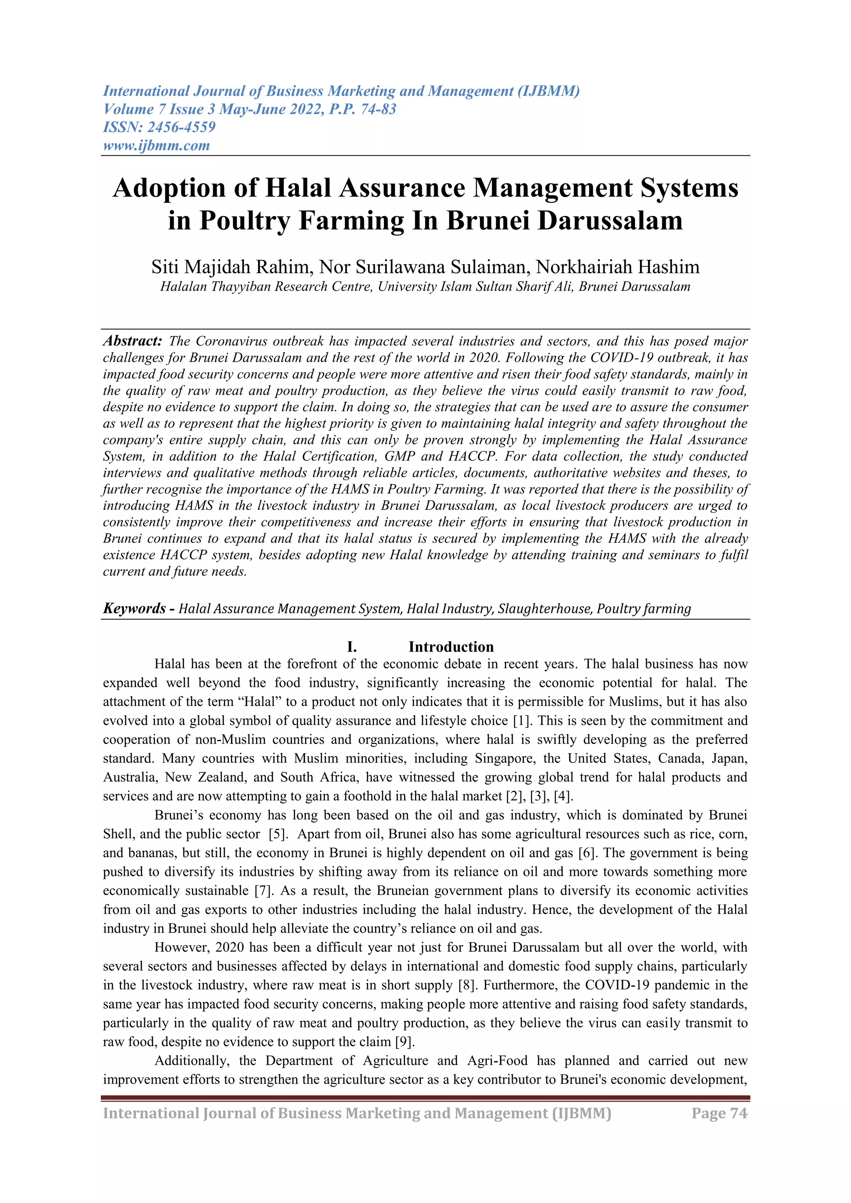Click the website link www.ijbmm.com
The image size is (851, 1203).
click(156, 145)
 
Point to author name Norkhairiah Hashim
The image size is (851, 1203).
click(617, 267)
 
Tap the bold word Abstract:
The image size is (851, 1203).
click(133, 341)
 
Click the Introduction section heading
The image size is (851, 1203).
click(451, 647)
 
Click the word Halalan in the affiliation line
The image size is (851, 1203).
click(183, 287)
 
